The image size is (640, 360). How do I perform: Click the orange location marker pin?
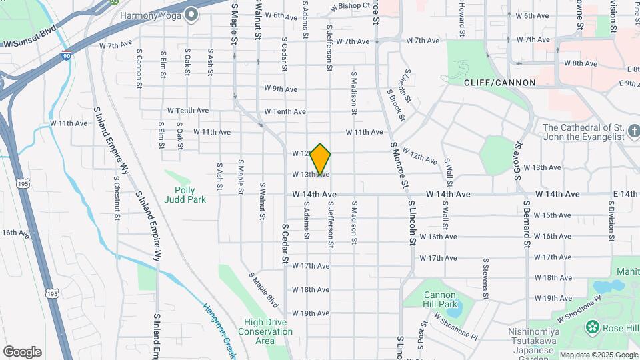point(321,159)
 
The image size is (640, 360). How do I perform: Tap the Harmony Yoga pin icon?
point(193,15)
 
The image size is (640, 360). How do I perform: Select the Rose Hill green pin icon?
point(591,327)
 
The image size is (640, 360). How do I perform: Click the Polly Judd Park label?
point(185,195)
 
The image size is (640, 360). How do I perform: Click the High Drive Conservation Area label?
point(265,331)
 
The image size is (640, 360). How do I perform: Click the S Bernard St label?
point(526,224)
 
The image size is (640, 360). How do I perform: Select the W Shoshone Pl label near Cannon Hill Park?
point(456,325)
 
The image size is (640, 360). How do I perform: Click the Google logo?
point(22,352)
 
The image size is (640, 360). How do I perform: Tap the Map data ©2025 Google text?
point(598,355)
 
